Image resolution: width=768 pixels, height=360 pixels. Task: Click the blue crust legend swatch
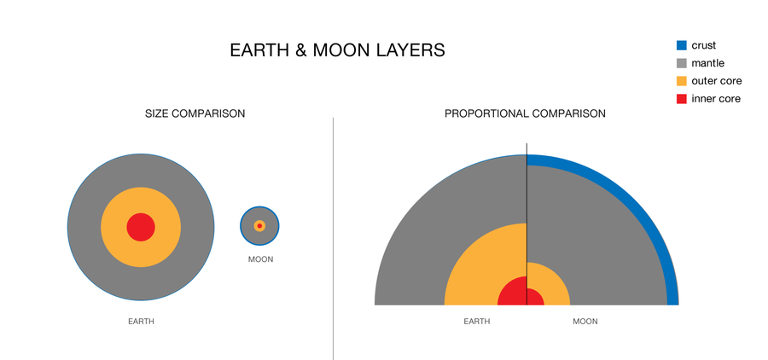tap(681, 46)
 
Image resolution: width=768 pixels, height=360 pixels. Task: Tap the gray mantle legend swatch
tap(681, 63)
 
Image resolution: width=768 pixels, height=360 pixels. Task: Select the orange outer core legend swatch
tap(681, 81)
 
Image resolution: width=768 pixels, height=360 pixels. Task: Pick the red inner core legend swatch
tap(681, 99)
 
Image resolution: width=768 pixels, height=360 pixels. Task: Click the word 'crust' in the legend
tap(704, 46)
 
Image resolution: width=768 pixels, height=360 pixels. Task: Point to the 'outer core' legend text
tap(716, 81)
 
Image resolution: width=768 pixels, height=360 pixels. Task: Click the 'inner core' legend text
tap(715, 99)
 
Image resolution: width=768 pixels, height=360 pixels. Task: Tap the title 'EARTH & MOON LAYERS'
tap(337, 50)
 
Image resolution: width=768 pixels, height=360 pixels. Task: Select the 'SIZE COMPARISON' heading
tap(195, 113)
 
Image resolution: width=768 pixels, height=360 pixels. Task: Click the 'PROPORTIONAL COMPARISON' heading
tap(525, 113)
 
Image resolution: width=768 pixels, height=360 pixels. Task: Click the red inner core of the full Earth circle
tap(141, 228)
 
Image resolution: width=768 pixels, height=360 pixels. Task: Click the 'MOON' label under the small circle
tap(260, 259)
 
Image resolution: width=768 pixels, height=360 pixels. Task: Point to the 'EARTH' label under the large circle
tap(141, 322)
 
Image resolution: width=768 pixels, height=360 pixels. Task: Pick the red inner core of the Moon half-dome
tap(534, 298)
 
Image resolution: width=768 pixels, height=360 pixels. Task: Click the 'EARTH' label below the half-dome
tap(476, 322)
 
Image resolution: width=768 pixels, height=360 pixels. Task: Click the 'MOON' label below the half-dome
tap(585, 322)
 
